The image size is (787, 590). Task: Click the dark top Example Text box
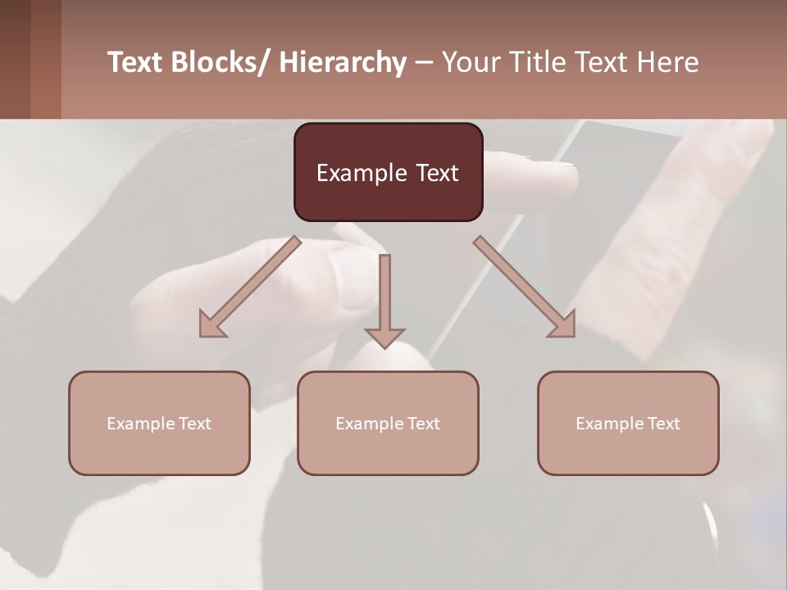tap(388, 172)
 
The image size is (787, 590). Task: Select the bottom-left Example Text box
tap(159, 423)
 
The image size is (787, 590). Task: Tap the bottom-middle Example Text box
tap(388, 423)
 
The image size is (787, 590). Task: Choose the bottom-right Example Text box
tap(628, 423)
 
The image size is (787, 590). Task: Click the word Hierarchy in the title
tap(343, 63)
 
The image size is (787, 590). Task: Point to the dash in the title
tap(424, 63)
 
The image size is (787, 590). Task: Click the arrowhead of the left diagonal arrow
tap(211, 324)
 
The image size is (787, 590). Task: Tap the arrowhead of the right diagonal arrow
tap(563, 324)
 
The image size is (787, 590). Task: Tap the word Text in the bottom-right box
tap(663, 423)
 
